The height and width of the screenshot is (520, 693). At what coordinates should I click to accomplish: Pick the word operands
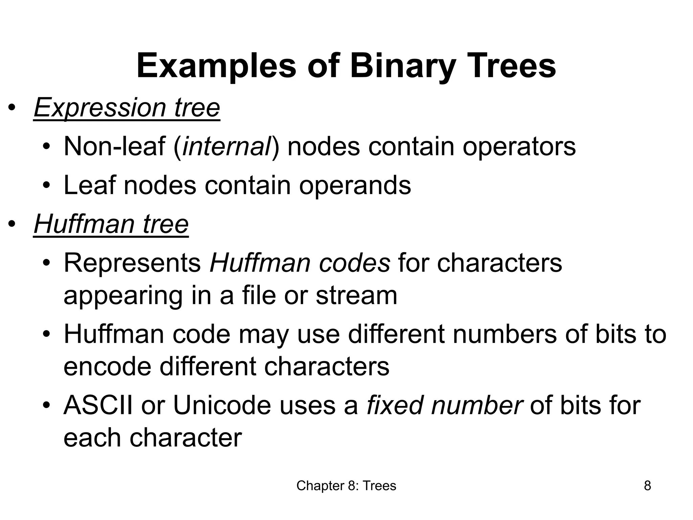pyautogui.click(x=355, y=186)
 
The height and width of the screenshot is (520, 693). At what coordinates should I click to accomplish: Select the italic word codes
pyautogui.click(x=355, y=263)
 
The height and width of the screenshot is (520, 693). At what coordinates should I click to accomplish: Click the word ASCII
pyautogui.click(x=98, y=405)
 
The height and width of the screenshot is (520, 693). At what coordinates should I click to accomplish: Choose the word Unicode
pyautogui.click(x=222, y=405)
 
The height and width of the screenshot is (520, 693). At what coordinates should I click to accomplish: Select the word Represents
pyautogui.click(x=132, y=263)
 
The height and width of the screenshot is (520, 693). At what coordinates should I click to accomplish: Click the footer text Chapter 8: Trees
pyautogui.click(x=346, y=486)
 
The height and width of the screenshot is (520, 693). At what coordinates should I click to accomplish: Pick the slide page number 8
pyautogui.click(x=647, y=486)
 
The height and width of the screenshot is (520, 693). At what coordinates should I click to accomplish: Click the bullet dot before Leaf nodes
pyautogui.click(x=46, y=186)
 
